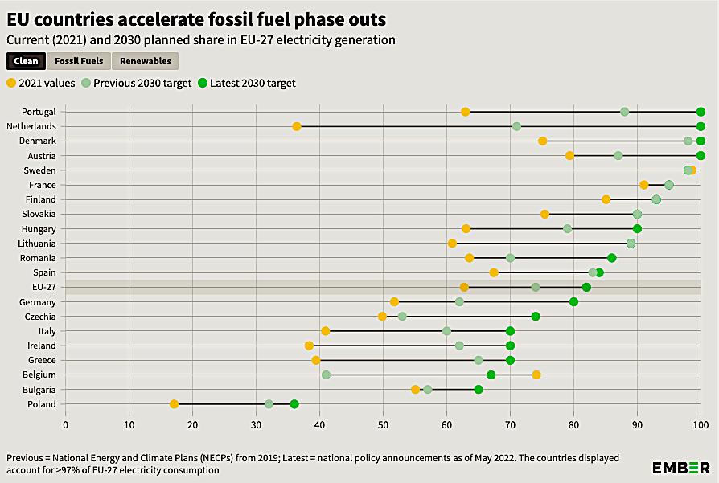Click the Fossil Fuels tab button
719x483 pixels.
[79, 61]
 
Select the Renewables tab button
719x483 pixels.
[145, 61]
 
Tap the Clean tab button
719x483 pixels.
[26, 61]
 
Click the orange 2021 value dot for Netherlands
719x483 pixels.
[297, 126]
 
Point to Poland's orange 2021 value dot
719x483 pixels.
[175, 404]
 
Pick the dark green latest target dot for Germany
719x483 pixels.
[573, 302]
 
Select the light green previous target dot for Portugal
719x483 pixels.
[624, 112]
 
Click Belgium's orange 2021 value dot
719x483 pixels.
[536, 375]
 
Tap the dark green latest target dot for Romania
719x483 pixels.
[611, 258]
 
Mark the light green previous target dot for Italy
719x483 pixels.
[446, 331]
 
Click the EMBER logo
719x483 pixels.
[680, 467]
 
